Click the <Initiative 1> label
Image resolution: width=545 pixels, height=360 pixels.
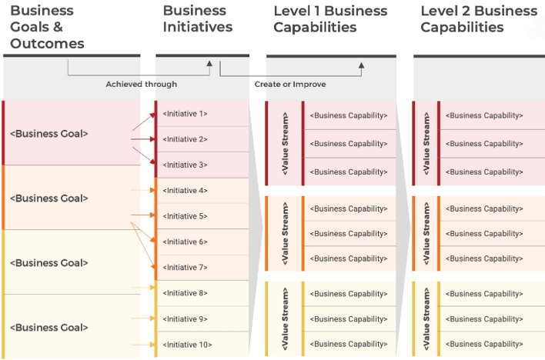[185, 114]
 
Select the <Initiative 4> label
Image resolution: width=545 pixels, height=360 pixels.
[185, 191]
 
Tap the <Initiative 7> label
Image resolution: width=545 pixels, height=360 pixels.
[185, 268]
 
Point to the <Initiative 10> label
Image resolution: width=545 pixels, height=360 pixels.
[187, 345]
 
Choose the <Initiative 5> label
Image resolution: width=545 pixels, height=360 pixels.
[185, 216]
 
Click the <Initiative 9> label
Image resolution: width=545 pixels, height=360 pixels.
[185, 319]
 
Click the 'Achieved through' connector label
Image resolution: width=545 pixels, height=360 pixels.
[141, 84]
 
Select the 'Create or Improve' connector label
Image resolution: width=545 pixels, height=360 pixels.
[289, 84]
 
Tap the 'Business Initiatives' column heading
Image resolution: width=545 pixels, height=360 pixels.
[198, 19]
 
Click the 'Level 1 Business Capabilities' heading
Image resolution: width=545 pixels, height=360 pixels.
[330, 19]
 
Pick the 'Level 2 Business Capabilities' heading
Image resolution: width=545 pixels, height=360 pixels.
[479, 19]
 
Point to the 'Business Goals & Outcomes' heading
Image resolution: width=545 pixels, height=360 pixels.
[47, 27]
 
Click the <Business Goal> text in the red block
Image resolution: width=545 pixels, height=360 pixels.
[49, 134]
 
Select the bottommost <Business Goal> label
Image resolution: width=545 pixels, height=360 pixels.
[49, 328]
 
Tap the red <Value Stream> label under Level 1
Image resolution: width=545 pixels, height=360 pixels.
[285, 144]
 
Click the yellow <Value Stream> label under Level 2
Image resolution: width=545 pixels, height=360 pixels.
[428, 319]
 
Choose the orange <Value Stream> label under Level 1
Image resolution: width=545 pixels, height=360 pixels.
[285, 234]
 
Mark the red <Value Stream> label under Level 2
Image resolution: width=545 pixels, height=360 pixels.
[428, 144]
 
